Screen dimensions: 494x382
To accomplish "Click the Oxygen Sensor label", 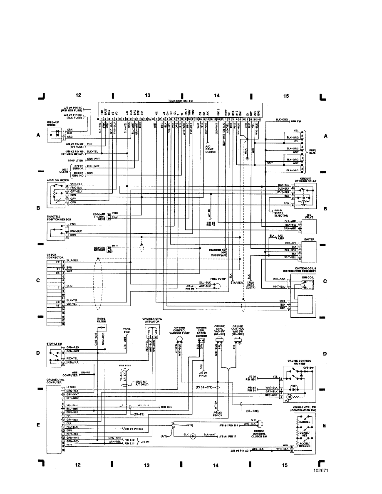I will (99, 249).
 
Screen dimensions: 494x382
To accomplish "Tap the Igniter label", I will (309, 240).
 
